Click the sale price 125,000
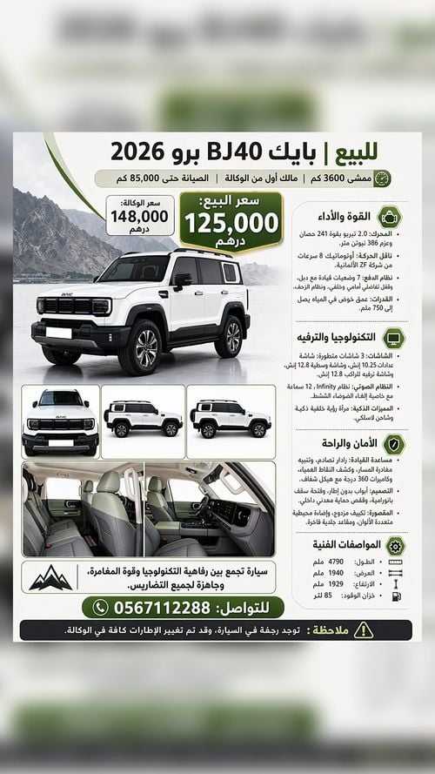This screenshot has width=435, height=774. pyautogui.click(x=232, y=223)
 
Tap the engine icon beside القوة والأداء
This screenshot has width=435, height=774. pyautogui.click(x=393, y=214)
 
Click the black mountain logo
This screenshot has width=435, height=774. pyautogui.click(x=50, y=576)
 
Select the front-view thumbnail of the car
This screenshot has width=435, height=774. pyautogui.click(x=61, y=421)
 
